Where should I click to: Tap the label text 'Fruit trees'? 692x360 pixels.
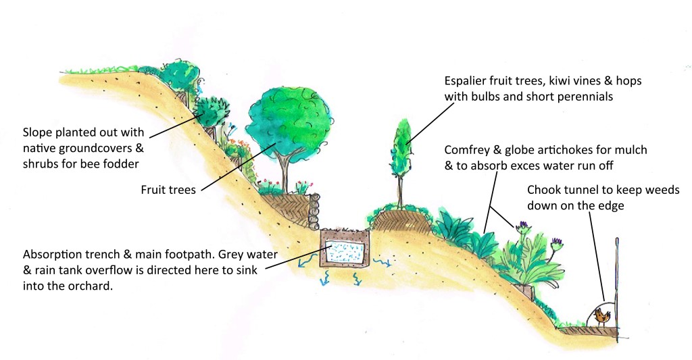(168, 190)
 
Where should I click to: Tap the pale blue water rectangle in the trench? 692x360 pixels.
(345, 252)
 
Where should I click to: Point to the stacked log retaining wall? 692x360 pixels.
(314, 211)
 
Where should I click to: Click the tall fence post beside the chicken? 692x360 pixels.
(618, 289)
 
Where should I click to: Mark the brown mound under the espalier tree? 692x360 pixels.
(402, 220)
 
